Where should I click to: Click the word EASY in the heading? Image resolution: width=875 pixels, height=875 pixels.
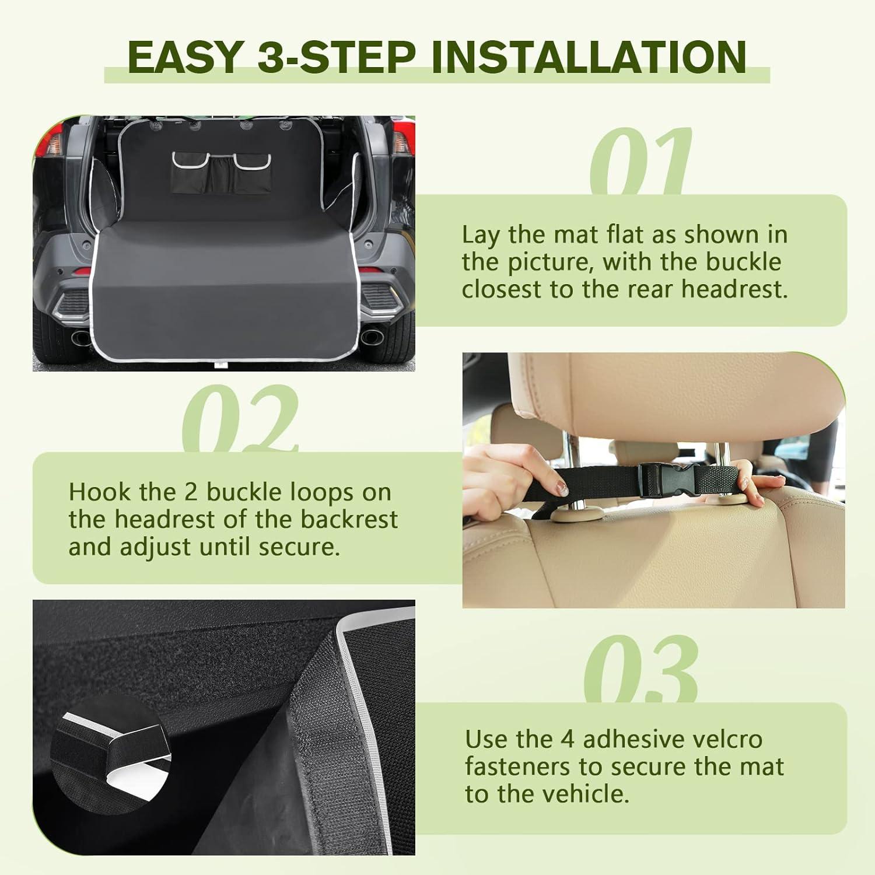click(184, 57)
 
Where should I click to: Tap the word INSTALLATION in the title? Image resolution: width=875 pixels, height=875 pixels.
click(589, 57)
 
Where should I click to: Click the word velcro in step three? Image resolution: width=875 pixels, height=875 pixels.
click(726, 739)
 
